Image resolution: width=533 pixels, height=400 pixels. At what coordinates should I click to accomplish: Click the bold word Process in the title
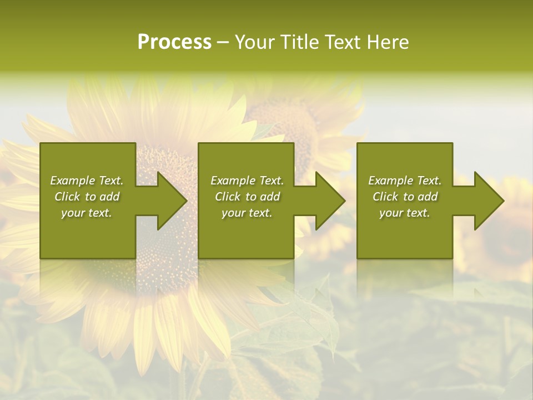174,42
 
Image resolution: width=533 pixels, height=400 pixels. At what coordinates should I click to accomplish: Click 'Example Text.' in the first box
87,181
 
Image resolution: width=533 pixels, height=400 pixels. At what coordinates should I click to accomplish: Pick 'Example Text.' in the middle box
247,181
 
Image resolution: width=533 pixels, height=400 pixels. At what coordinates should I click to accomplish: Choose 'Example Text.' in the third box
405,181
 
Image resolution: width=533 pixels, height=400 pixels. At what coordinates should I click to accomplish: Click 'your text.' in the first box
87,213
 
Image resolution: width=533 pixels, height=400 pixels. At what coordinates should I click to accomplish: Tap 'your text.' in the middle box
247,213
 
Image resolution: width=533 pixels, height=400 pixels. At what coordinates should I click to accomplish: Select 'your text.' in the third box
405,213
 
